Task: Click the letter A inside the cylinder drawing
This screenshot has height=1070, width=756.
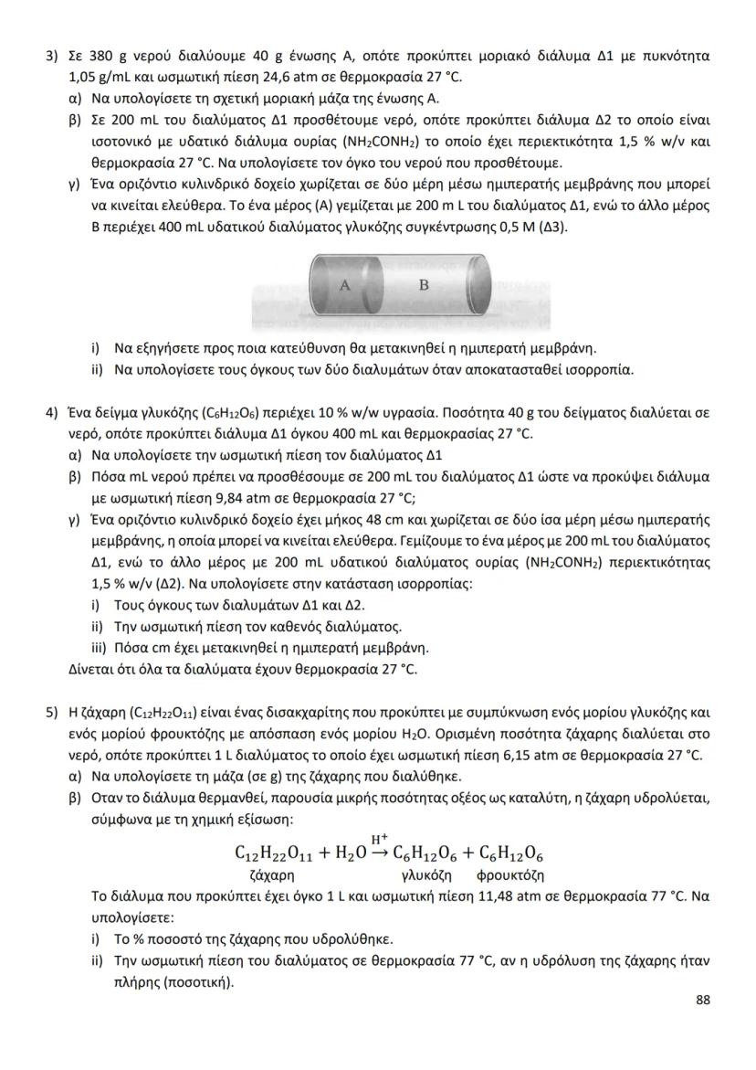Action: tap(345, 285)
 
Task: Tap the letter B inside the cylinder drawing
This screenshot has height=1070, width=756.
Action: tap(423, 284)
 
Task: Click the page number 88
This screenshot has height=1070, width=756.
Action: tap(702, 1000)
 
